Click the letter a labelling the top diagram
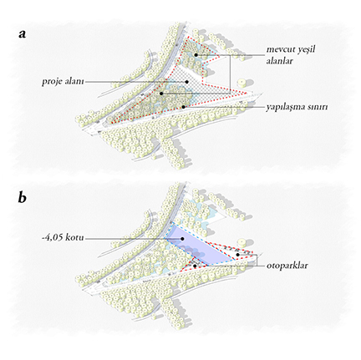pos(23,34)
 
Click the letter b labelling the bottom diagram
pos(23,197)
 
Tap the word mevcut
pos(279,49)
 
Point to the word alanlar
pos(280,61)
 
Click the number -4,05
pos(52,238)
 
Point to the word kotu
pos(74,238)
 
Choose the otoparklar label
pos(287,266)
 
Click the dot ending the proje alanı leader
pos(187,82)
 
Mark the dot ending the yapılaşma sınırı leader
pos(183,107)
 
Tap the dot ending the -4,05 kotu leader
pos(182,239)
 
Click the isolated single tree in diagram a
pos(242,83)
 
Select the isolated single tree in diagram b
pos(242,242)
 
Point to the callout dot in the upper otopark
pos(237,255)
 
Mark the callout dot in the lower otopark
pos(195,266)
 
